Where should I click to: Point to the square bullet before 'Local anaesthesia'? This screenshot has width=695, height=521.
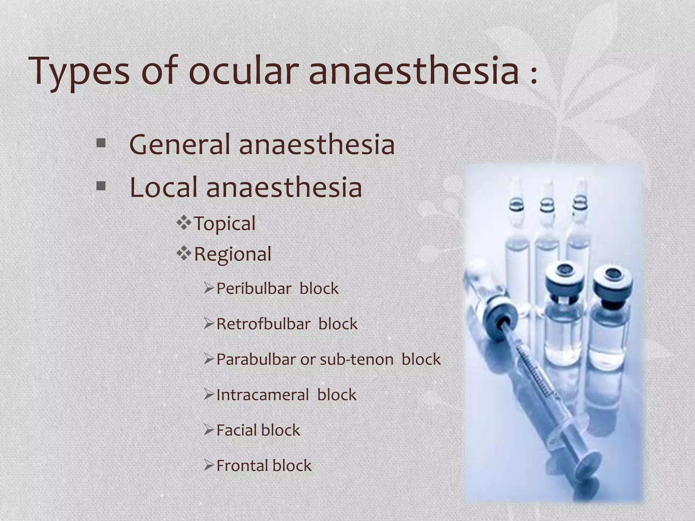pos(101,186)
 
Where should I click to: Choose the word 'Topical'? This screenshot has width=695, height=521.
pos(225,224)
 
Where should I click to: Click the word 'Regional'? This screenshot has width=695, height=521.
pos(233,254)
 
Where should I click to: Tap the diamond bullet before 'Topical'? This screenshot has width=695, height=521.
pos(184,223)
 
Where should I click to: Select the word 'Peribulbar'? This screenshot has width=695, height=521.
pos(254,289)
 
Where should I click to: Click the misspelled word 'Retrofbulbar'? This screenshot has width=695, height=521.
pos(263,324)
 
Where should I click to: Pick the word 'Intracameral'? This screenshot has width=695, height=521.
pos(263,395)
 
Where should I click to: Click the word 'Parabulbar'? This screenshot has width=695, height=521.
pos(256,359)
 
